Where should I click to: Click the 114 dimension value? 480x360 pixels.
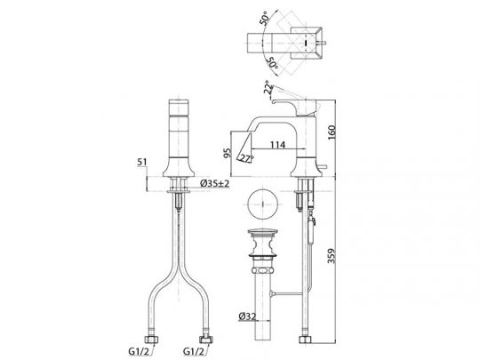click(x=277, y=145)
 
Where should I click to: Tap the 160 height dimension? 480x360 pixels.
click(x=332, y=132)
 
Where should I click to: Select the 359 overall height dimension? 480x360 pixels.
click(x=332, y=256)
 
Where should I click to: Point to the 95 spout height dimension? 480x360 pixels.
click(x=228, y=153)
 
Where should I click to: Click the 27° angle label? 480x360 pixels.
click(x=246, y=158)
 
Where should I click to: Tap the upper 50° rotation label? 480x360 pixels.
click(x=265, y=18)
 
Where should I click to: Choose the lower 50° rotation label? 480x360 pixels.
click(x=273, y=63)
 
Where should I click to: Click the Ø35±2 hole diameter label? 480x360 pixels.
click(x=214, y=183)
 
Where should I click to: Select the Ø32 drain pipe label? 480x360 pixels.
click(x=247, y=316)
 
